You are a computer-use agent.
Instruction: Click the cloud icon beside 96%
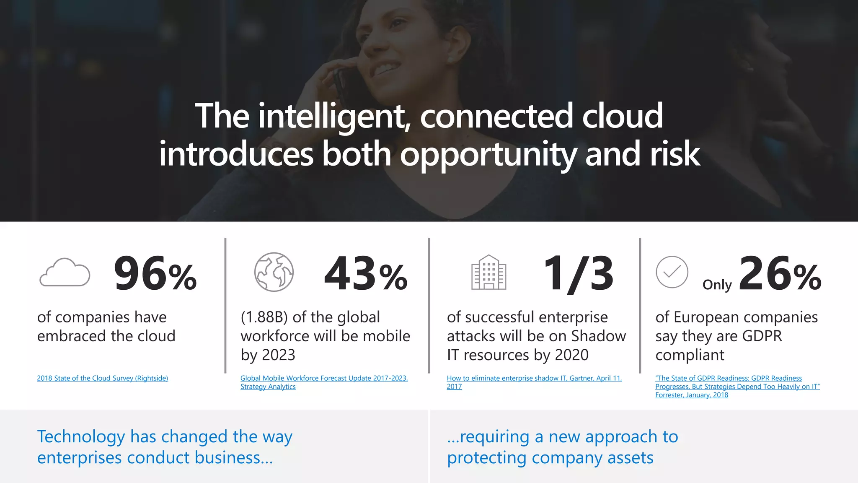(x=65, y=273)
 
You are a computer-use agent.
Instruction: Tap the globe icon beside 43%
(x=274, y=272)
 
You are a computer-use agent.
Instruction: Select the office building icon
(x=488, y=273)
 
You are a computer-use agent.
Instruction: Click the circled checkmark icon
(x=672, y=272)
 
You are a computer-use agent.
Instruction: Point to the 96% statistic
(x=155, y=274)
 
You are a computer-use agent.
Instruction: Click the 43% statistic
(x=366, y=274)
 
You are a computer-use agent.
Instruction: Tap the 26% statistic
(x=780, y=274)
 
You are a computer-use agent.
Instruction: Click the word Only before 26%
(x=717, y=285)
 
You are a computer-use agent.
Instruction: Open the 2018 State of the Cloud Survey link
(x=102, y=378)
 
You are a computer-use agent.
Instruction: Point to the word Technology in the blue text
(x=81, y=437)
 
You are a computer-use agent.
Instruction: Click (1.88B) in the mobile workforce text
(x=264, y=317)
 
